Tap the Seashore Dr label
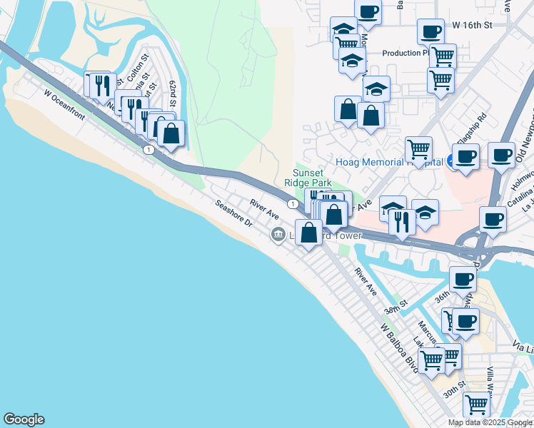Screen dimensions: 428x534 point(235,213)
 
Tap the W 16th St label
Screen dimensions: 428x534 point(473,25)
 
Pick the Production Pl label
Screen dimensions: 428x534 point(405,53)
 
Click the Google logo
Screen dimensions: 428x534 point(24,419)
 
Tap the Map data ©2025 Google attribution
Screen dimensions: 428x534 point(490,422)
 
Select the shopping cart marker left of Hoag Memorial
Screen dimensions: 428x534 point(418,149)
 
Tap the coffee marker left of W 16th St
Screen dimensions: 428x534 point(430,31)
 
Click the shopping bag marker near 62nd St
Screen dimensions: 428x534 point(171,133)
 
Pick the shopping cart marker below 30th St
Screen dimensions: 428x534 point(476,404)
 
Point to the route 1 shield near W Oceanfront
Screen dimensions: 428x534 point(148,150)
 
